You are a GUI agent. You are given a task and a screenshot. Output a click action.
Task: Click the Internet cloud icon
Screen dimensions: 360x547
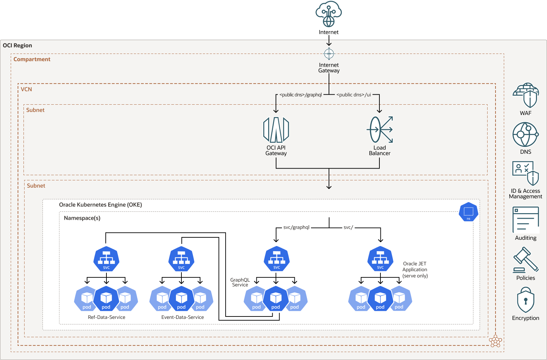[329, 14]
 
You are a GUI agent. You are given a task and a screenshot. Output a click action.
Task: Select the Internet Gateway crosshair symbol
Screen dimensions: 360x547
[329, 54]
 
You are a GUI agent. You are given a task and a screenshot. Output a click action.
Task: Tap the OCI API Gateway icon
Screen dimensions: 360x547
[276, 130]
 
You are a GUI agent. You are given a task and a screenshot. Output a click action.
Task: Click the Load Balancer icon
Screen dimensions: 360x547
[380, 130]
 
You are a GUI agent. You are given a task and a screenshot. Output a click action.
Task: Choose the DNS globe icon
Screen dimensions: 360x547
[525, 134]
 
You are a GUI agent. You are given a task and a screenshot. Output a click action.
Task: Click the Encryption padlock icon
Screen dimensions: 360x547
[526, 300]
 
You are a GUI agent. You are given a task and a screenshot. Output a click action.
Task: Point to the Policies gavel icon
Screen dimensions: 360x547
[526, 260]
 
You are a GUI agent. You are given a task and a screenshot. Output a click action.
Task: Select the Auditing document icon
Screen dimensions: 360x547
[526, 220]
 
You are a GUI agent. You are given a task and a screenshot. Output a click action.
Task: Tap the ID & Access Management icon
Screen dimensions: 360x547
[525, 173]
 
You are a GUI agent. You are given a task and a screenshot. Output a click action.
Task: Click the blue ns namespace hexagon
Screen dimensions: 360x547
[469, 212]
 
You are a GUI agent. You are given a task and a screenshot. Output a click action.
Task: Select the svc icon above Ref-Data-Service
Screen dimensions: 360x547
[106, 259]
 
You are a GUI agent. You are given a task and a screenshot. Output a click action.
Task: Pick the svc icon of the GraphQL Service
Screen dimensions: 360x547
[276, 259]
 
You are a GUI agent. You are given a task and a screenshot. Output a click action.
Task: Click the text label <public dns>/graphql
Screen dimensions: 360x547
[301, 95]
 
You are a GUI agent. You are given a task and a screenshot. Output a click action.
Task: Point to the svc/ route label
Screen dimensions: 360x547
[348, 227]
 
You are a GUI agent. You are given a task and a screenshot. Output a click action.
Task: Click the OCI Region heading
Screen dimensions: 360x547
[17, 46]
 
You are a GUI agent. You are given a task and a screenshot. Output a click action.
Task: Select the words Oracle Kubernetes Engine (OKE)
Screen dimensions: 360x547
[101, 205]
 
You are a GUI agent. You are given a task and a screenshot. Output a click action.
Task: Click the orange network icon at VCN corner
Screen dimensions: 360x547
[496, 341]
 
